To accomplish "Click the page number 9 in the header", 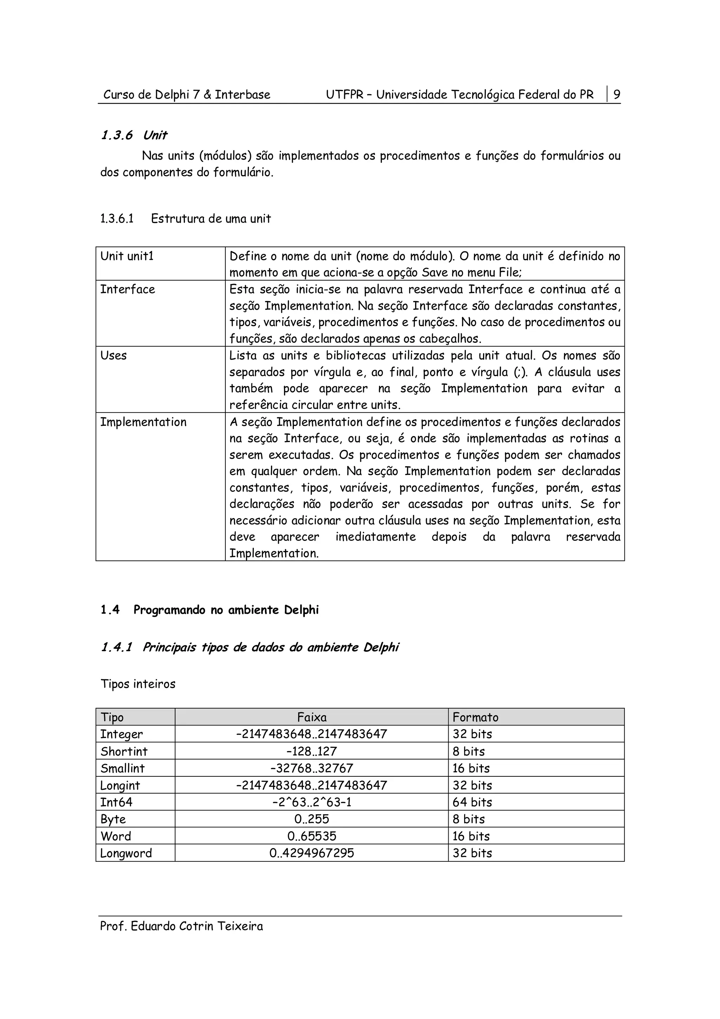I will [617, 95].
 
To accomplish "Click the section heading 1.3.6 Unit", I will [134, 135].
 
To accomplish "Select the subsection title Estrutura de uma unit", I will [211, 219].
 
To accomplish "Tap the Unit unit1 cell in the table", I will [127, 257].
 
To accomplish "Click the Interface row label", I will [128, 290].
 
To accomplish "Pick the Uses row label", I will [114, 356].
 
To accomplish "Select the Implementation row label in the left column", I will [143, 422].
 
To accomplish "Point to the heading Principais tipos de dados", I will [270, 648].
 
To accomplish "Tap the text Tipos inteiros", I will [138, 684].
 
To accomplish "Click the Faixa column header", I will [311, 717].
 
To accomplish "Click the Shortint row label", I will [124, 751].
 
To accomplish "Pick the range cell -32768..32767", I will [311, 768].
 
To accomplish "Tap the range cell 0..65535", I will [311, 836].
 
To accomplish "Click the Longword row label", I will [126, 853].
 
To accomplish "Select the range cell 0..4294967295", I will [311, 853].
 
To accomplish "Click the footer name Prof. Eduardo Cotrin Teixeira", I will [181, 926].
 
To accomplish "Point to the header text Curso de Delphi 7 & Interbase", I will [187, 95].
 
